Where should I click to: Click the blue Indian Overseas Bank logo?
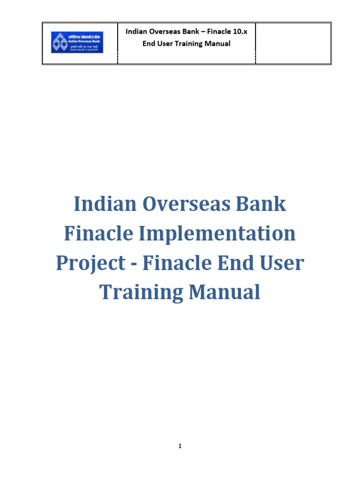tap(77, 42)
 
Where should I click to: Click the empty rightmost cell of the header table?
tap(293, 43)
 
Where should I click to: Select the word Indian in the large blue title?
tap(103, 204)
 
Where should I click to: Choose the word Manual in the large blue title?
tap(224, 292)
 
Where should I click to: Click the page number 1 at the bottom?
tap(180, 446)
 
